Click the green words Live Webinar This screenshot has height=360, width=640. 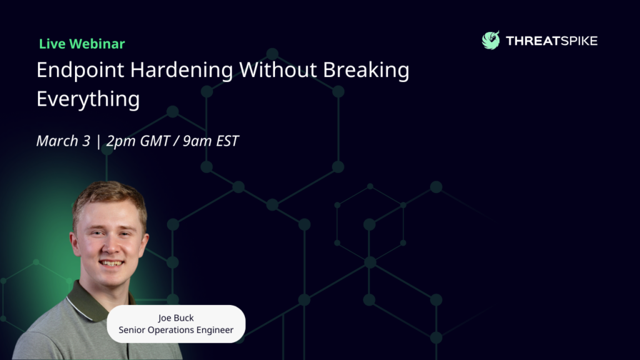(82, 44)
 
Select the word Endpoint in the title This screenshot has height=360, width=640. (81, 70)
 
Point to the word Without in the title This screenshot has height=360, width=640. (278, 69)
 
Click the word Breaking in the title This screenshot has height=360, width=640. (366, 70)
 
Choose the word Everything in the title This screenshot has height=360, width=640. (88, 99)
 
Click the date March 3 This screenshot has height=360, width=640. (63, 141)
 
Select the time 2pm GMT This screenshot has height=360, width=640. (138, 141)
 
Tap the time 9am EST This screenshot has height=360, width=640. (211, 141)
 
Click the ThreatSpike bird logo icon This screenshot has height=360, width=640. (491, 41)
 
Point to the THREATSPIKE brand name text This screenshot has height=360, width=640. (551, 41)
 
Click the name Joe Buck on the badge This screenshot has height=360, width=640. (176, 318)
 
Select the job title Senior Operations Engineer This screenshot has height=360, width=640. (176, 330)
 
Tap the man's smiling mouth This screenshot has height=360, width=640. (111, 263)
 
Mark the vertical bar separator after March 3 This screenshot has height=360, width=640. (98, 141)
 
